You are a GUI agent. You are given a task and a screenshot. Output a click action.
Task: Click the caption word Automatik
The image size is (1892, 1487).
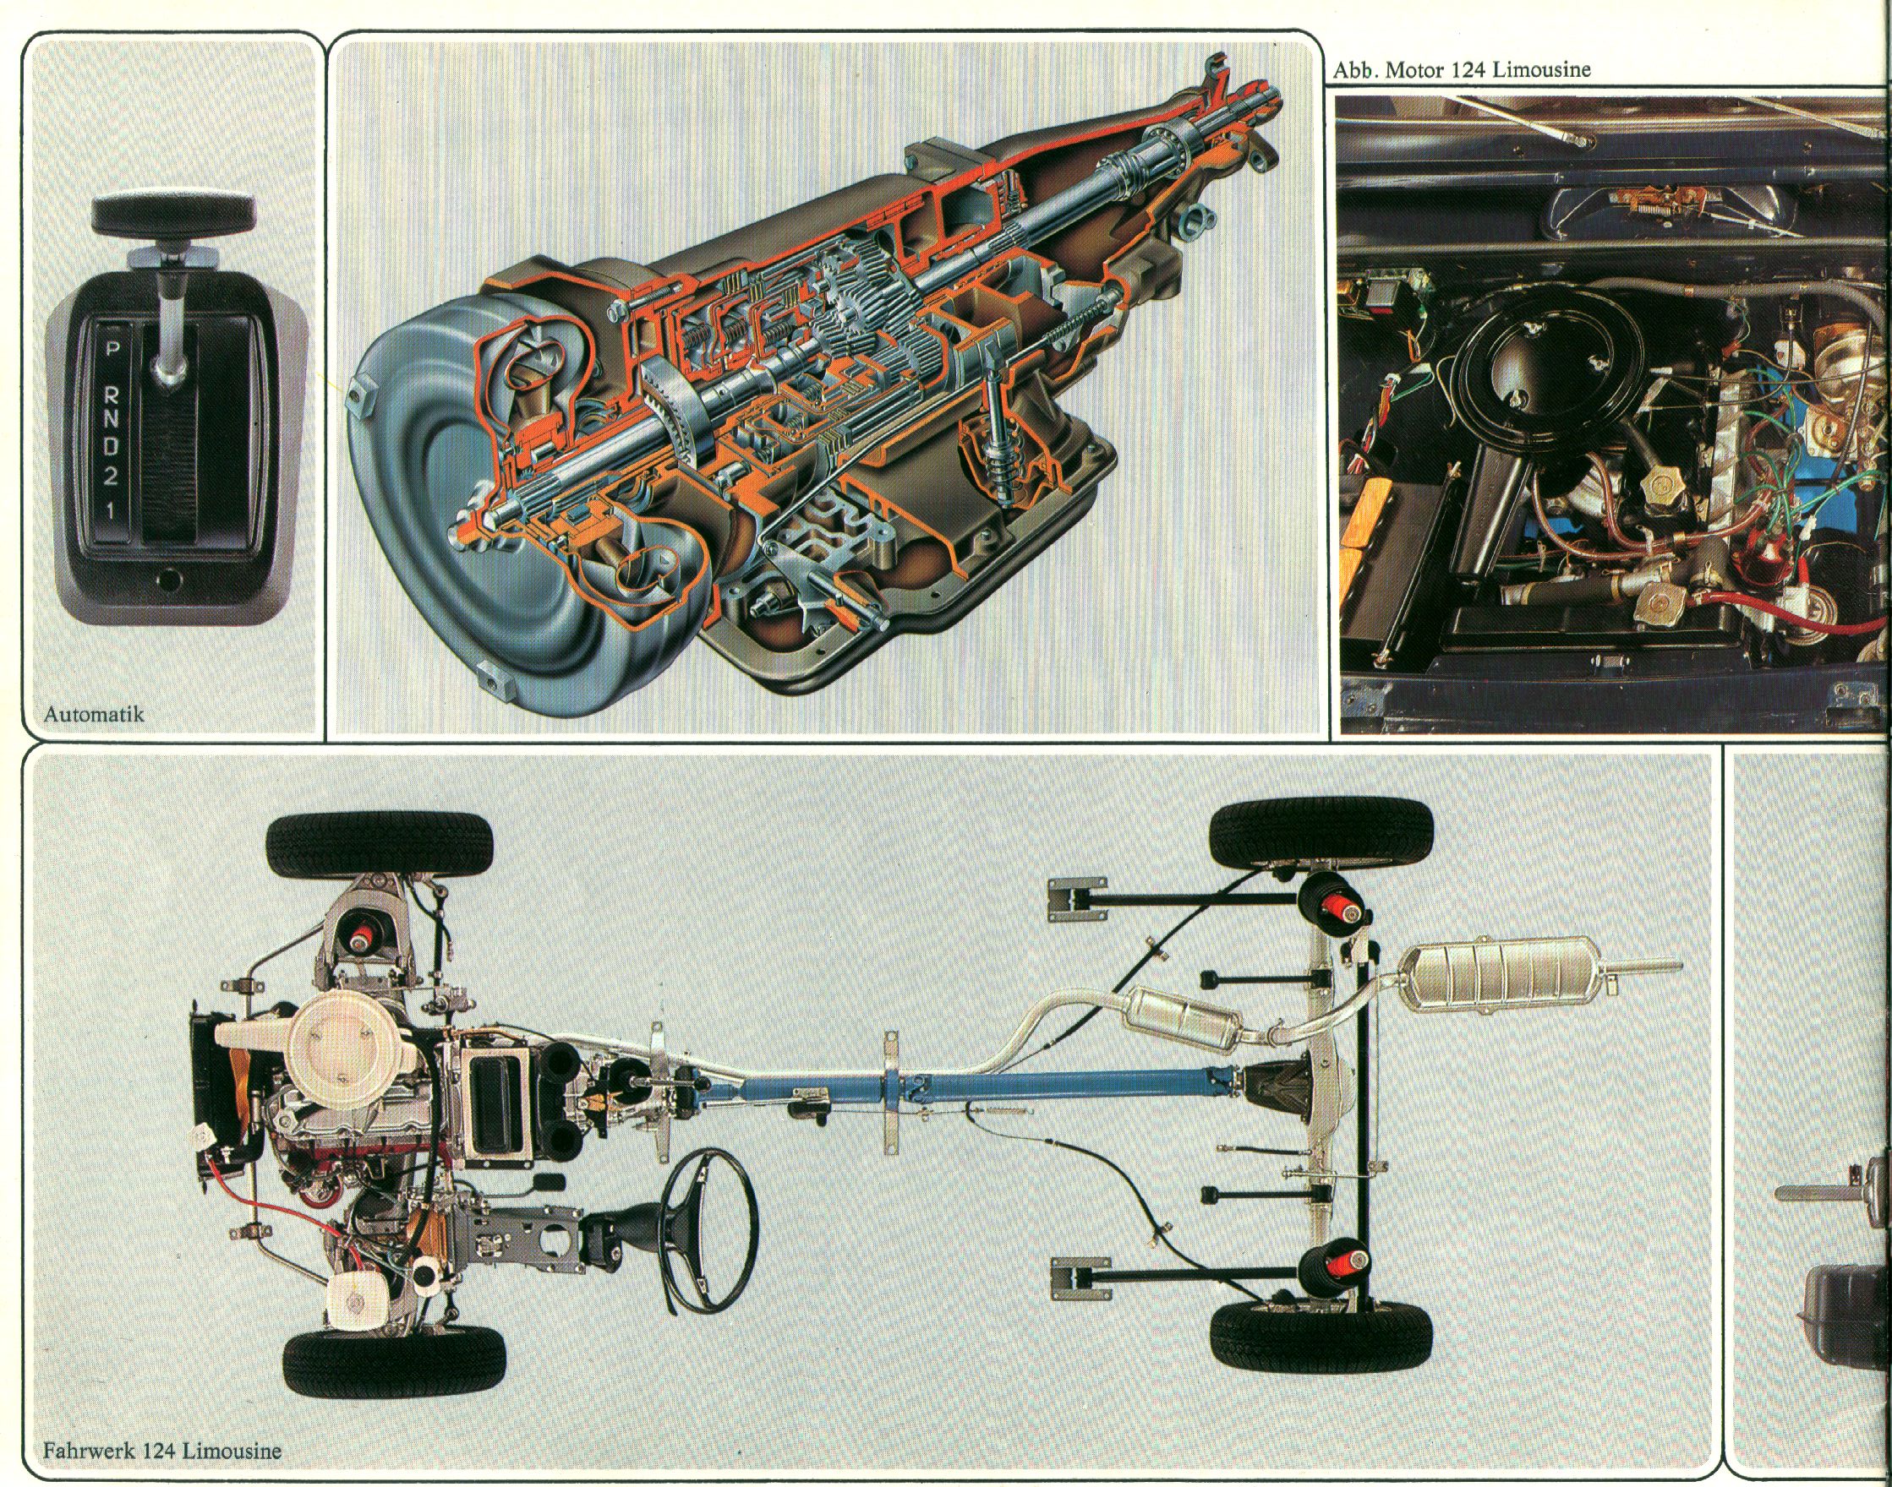pyautogui.click(x=93, y=715)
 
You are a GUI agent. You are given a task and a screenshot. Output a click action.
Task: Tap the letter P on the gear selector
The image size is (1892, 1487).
pyautogui.click(x=112, y=351)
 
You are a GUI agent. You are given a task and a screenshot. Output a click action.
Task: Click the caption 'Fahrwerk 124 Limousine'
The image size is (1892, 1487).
pyautogui.click(x=163, y=1452)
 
